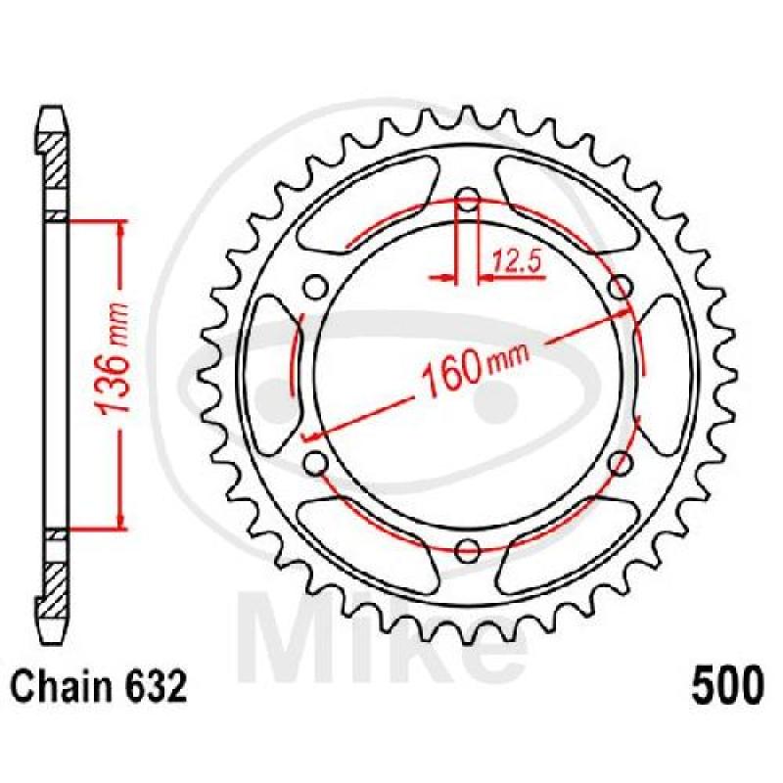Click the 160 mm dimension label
click(x=474, y=368)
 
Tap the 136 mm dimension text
click(x=114, y=358)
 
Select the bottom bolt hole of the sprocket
click(x=468, y=550)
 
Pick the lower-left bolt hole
click(x=316, y=462)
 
